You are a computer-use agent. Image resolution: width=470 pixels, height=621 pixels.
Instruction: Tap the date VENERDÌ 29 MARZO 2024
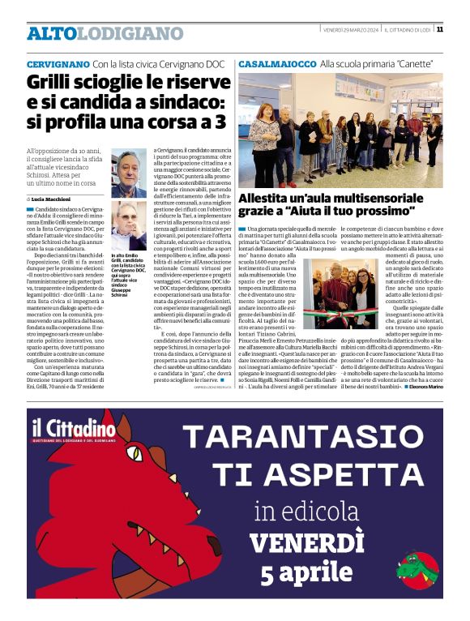[352, 30]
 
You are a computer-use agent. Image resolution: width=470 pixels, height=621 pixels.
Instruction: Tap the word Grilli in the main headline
[50, 83]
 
